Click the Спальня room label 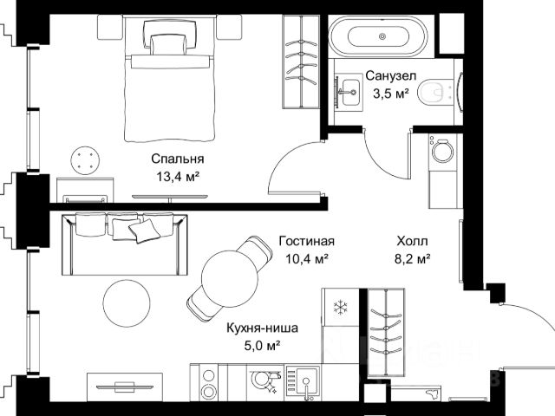[177, 159]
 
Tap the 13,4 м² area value [178, 176]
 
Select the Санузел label [391, 75]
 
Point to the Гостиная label [306, 241]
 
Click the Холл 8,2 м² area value [413, 259]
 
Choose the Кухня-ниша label [262, 328]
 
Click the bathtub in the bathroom [378, 36]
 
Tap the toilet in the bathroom [436, 93]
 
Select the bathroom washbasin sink [349, 93]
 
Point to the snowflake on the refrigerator [341, 307]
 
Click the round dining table [230, 278]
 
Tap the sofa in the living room [125, 244]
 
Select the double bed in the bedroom [170, 81]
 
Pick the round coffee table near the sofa [127, 303]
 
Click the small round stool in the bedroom [85, 160]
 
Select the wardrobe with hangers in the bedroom [301, 62]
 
